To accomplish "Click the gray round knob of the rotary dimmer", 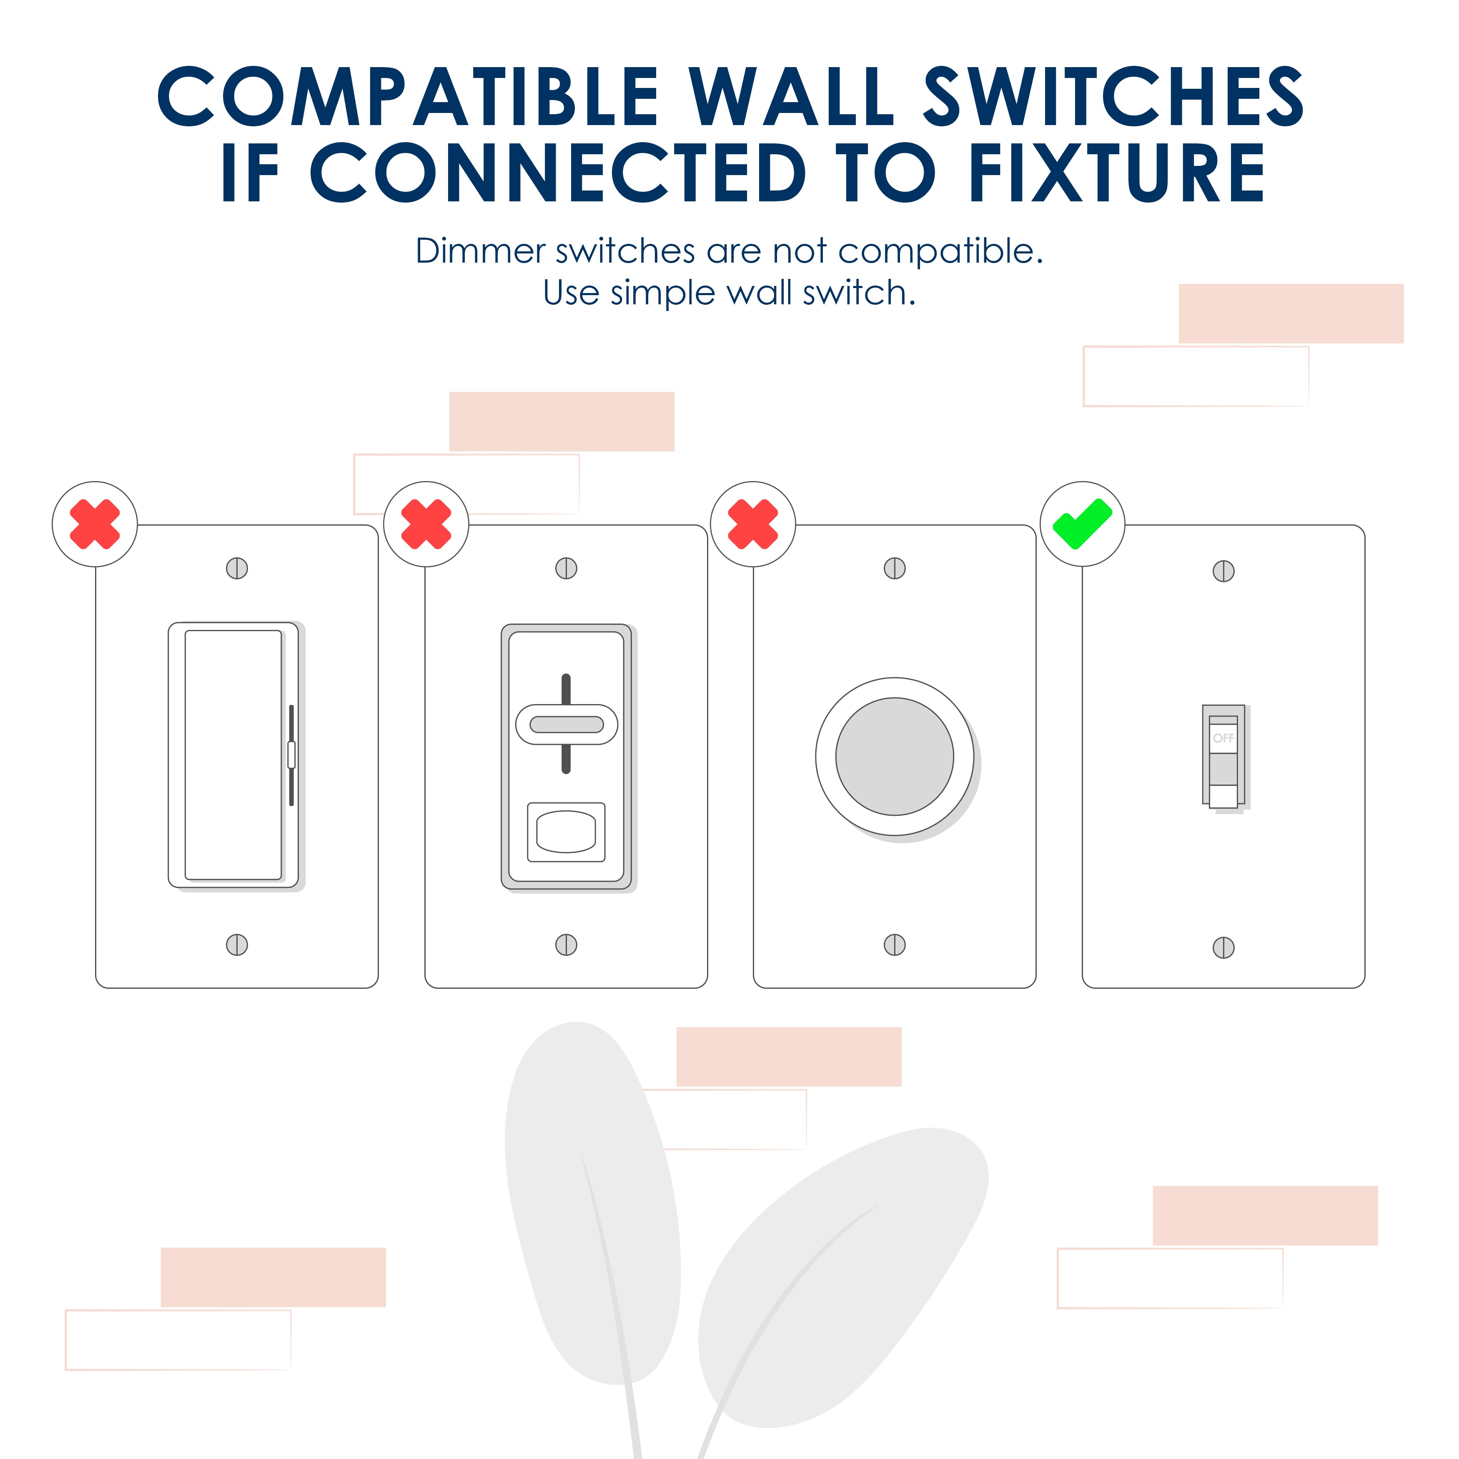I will [x=894, y=757].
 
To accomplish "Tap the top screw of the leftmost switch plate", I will [x=237, y=568].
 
